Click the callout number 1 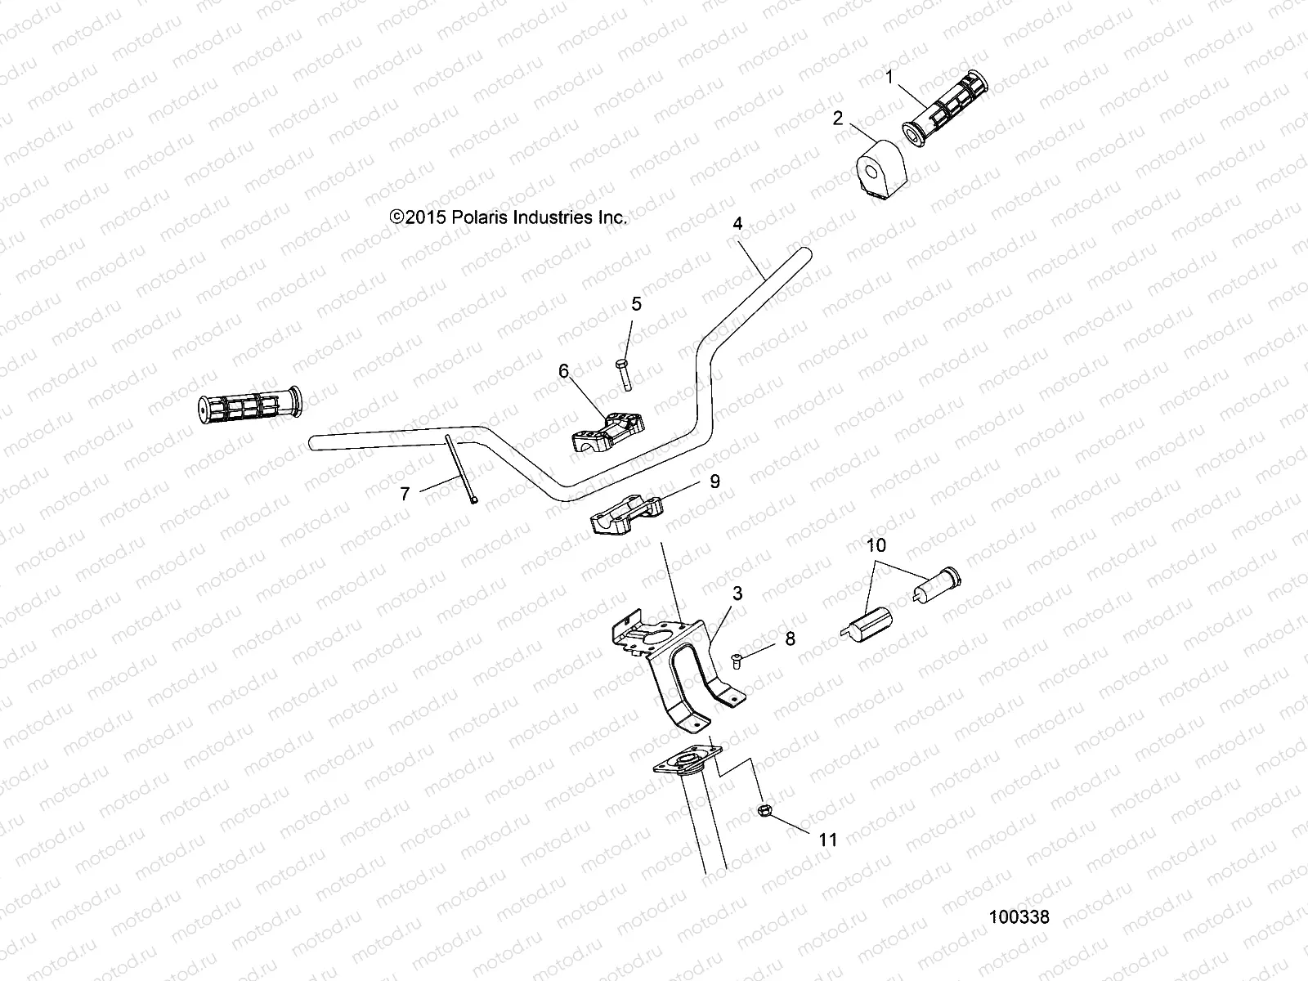[x=889, y=78]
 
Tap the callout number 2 [x=837, y=119]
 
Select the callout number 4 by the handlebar [x=738, y=222]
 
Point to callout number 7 [x=405, y=493]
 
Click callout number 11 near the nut [x=828, y=840]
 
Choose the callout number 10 [x=876, y=545]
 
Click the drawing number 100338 [x=1019, y=917]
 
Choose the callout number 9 [x=714, y=482]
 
